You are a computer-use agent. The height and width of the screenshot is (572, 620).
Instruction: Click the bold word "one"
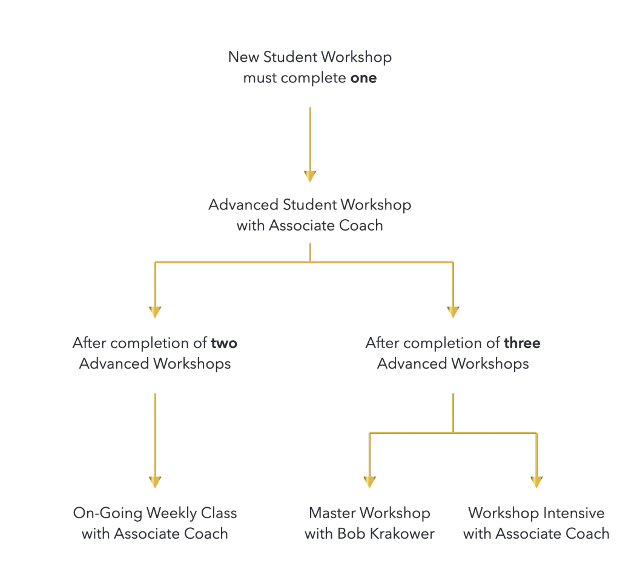tap(363, 78)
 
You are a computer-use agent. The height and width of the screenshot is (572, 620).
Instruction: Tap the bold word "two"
tap(224, 343)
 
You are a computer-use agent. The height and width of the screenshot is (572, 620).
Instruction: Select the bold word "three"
tap(522, 343)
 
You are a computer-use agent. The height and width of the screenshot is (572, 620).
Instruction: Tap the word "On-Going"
tap(108, 513)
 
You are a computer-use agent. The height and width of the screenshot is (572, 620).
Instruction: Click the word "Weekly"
tap(171, 513)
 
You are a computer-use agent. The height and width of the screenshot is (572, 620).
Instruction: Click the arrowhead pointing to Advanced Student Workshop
tap(310, 176)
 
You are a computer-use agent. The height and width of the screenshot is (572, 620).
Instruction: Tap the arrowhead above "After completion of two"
tap(155, 312)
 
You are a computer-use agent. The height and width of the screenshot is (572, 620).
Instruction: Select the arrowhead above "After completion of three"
tap(453, 312)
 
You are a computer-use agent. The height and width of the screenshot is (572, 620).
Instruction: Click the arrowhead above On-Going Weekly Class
tap(155, 482)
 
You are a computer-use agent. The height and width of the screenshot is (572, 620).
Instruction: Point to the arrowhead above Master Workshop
tap(369, 482)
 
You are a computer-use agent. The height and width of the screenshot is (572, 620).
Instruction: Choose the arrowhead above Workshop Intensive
tap(536, 482)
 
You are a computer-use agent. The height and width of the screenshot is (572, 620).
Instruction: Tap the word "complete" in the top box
tap(314, 78)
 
